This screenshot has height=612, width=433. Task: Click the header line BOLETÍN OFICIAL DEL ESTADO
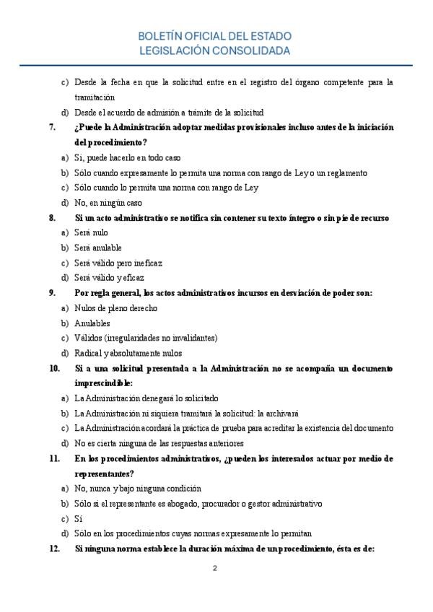click(x=216, y=37)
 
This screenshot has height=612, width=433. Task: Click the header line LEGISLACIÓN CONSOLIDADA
click(x=216, y=51)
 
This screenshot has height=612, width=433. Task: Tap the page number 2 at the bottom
click(x=214, y=568)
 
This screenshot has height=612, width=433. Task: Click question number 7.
click(x=52, y=127)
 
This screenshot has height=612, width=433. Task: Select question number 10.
click(x=54, y=368)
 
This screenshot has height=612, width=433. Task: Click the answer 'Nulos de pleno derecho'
click(x=115, y=308)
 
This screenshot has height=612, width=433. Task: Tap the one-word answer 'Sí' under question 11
click(x=79, y=519)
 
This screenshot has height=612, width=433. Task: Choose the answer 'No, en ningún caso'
click(x=108, y=203)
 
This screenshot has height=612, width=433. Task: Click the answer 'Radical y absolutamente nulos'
click(x=128, y=354)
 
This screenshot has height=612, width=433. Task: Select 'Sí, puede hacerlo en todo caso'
click(x=128, y=157)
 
